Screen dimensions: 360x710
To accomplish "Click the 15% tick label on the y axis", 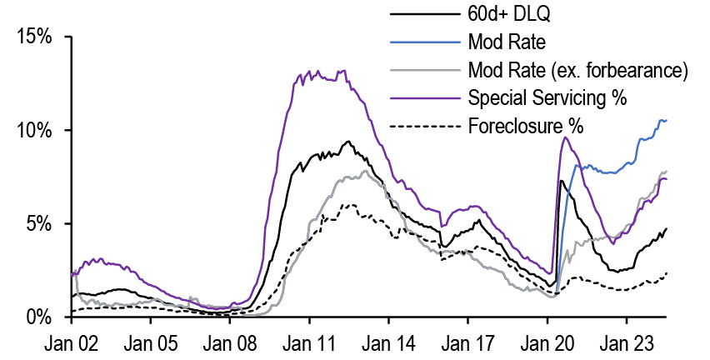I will pos(35,37).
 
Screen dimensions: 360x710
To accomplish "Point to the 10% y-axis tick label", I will pos(35,131).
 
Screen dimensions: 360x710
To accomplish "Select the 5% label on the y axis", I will pos(40,224).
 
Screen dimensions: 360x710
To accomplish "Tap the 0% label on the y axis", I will pos(40,317).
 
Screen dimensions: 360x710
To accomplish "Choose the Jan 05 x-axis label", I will pos(150,342).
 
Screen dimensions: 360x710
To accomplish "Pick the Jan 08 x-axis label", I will pos(229,342).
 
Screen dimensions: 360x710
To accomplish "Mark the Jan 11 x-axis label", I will pos(309,342).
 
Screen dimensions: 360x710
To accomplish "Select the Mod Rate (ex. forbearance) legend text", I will pos(577,70).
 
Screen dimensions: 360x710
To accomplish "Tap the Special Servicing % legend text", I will pos(547,97).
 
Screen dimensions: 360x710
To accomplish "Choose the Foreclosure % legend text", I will pos(525,126).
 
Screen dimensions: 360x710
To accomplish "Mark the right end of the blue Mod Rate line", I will pos(667,121).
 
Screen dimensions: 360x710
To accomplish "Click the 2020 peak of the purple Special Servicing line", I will pos(565,137).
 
